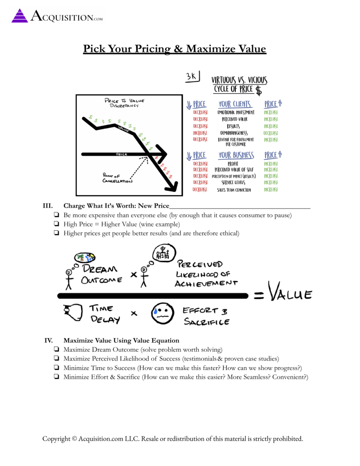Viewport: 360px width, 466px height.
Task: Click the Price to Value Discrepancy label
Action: point(124,102)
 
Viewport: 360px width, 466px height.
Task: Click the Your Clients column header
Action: point(235,104)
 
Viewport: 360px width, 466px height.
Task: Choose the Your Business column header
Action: point(237,155)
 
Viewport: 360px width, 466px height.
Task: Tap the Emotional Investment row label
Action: point(236,113)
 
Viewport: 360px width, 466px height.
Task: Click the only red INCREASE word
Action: point(200,133)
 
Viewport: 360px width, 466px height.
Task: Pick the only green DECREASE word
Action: point(271,133)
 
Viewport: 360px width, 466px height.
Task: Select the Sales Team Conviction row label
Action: point(234,190)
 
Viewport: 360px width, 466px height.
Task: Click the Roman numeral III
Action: point(47,205)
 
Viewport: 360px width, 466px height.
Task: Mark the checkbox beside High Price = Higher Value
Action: point(56,224)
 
